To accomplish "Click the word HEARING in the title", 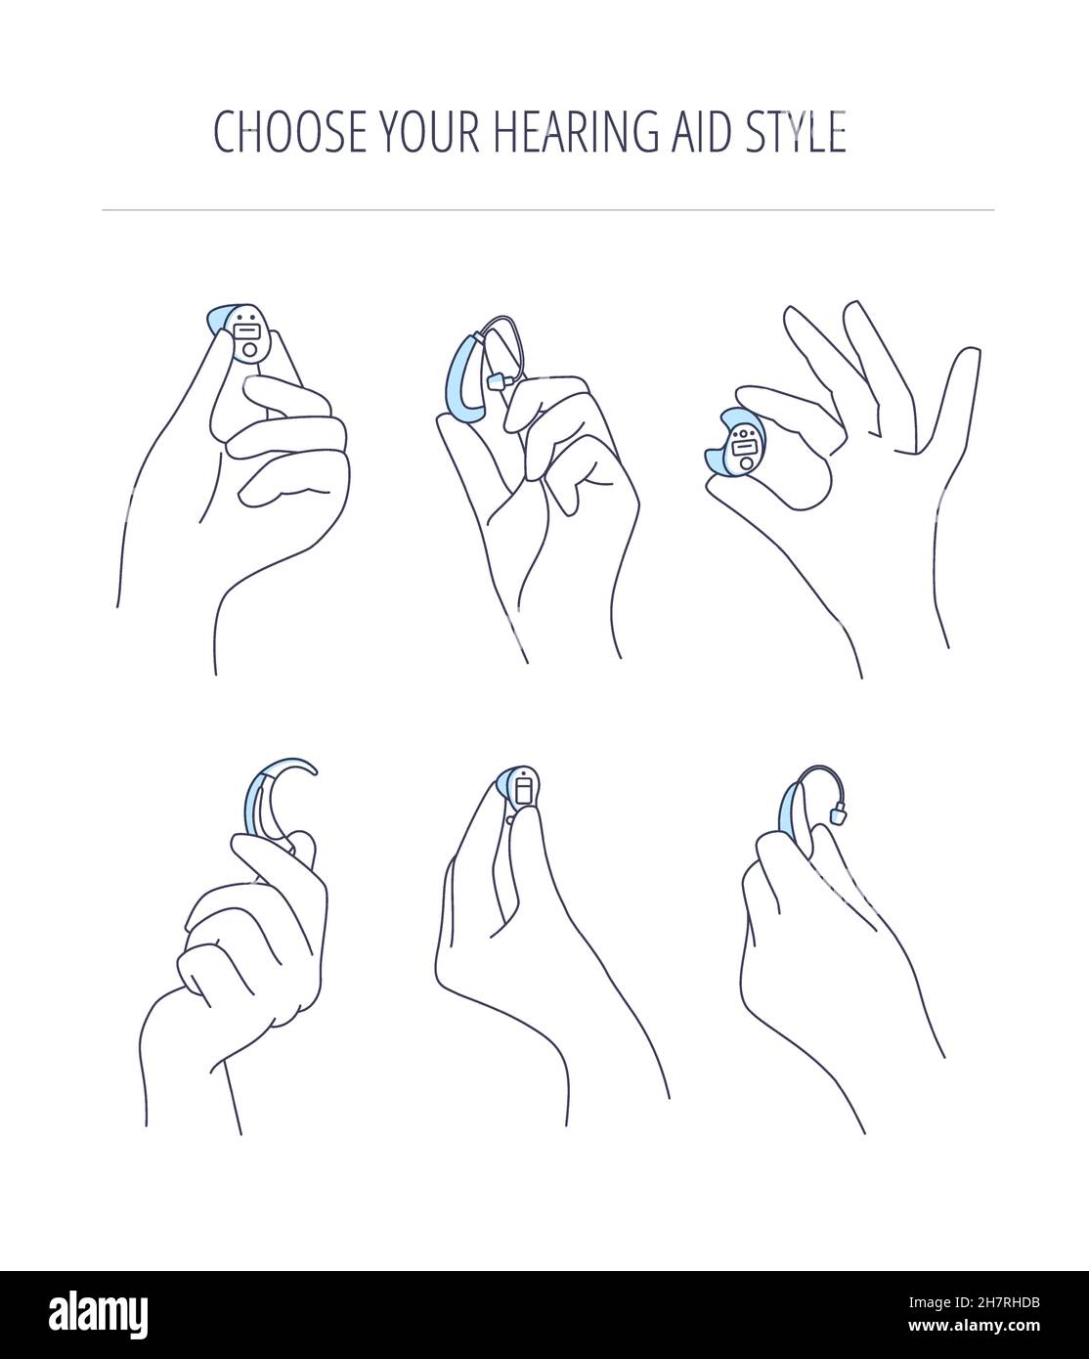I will pyautogui.click(x=561, y=131).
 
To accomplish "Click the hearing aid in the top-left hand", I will pyautogui.click(x=244, y=332).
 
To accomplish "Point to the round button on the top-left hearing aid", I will pyautogui.click(x=251, y=350).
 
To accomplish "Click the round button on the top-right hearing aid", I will pyautogui.click(x=748, y=464).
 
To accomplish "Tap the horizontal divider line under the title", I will pyautogui.click(x=547, y=209).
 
